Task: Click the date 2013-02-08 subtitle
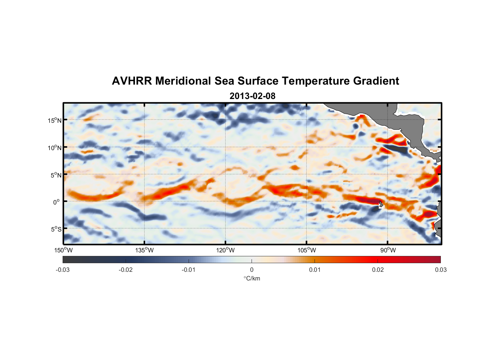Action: pyautogui.click(x=252, y=96)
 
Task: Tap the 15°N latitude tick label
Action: pyautogui.click(x=55, y=120)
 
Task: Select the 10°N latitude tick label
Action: pyautogui.click(x=55, y=148)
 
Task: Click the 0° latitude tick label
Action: pyautogui.click(x=57, y=202)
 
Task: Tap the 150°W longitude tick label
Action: pyautogui.click(x=64, y=250)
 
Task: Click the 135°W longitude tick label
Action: pyautogui.click(x=145, y=250)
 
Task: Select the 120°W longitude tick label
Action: pyautogui.click(x=226, y=250)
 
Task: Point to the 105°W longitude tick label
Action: pyautogui.click(x=307, y=250)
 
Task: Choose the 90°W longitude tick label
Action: pyautogui.click(x=388, y=250)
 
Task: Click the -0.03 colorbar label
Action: pyautogui.click(x=63, y=270)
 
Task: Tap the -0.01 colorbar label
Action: pyautogui.click(x=189, y=270)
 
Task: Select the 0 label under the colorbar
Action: pyautogui.click(x=252, y=270)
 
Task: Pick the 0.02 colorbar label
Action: pyautogui.click(x=378, y=270)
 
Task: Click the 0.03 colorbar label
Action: pyautogui.click(x=440, y=270)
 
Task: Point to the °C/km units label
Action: pyautogui.click(x=252, y=278)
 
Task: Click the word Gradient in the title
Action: pyautogui.click(x=376, y=81)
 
